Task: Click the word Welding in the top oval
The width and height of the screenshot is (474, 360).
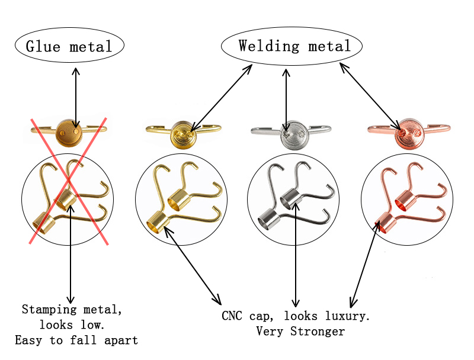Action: (263, 46)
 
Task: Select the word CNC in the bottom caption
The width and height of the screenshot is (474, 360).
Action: (232, 316)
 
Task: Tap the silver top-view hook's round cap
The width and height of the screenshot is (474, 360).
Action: (291, 135)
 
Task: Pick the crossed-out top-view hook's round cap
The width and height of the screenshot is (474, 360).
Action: (67, 133)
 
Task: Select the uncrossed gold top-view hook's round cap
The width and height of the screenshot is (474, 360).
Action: (182, 135)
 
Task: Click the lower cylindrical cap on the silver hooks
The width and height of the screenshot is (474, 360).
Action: (267, 218)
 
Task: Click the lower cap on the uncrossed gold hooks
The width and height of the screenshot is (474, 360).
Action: (155, 221)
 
